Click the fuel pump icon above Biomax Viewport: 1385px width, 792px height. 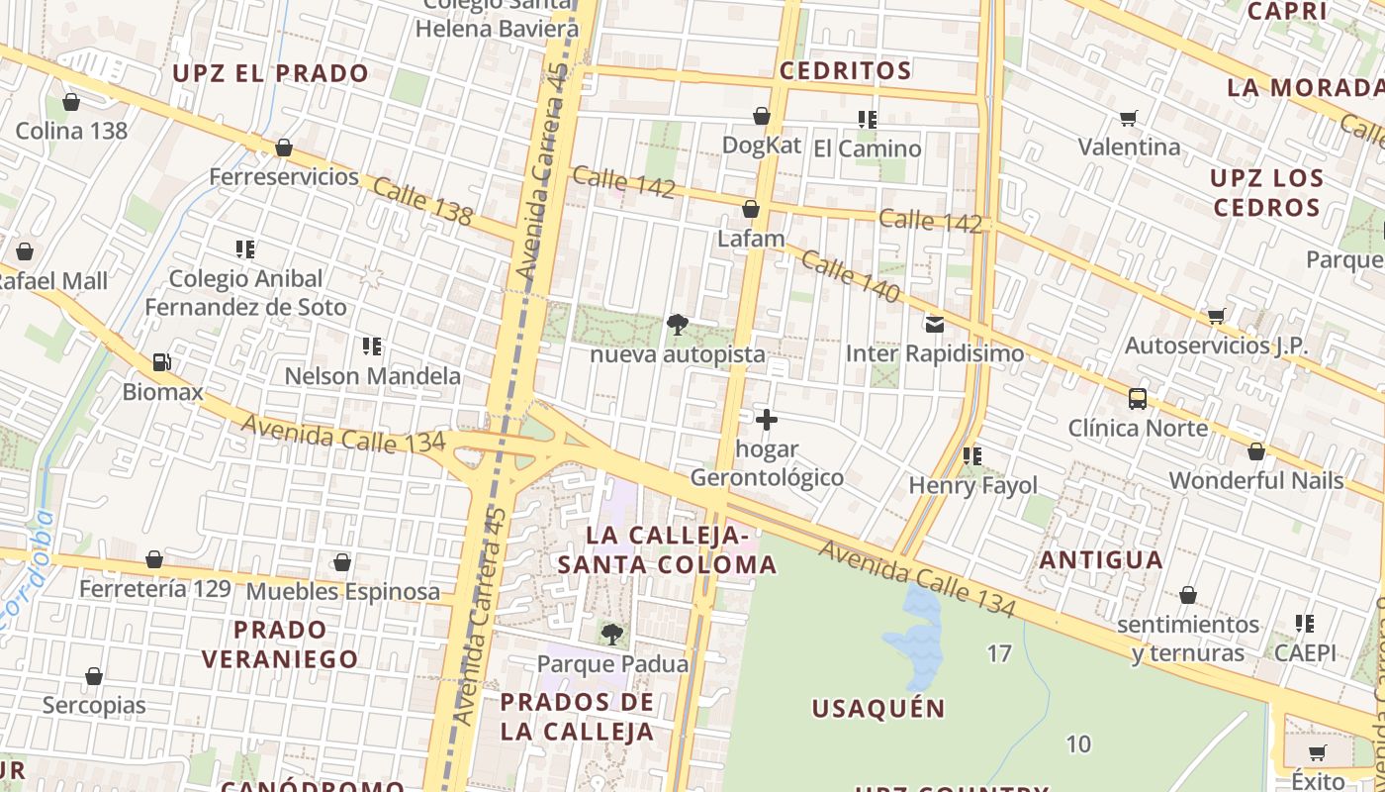161,362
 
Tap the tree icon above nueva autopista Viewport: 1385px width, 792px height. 678,324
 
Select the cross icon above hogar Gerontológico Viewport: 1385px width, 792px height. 766,420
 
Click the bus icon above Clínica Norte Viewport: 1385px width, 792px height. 1138,399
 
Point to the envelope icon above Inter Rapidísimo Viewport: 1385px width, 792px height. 934,324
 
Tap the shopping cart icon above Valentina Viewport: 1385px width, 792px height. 1128,119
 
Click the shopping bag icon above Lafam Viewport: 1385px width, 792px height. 751,209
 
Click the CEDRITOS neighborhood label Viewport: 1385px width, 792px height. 845,70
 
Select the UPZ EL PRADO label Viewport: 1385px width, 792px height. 270,73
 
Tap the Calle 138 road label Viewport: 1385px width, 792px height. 421,201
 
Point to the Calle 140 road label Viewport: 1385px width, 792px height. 850,276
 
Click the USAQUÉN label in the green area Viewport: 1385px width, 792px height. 878,708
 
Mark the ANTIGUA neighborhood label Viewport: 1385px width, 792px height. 1100,559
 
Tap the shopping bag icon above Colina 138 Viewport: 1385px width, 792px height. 71,102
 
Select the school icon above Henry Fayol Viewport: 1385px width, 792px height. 972,455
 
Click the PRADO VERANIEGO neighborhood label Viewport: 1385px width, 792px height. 280,643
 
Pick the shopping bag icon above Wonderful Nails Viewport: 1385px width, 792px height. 1255,451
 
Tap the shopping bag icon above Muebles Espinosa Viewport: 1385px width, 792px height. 342,562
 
